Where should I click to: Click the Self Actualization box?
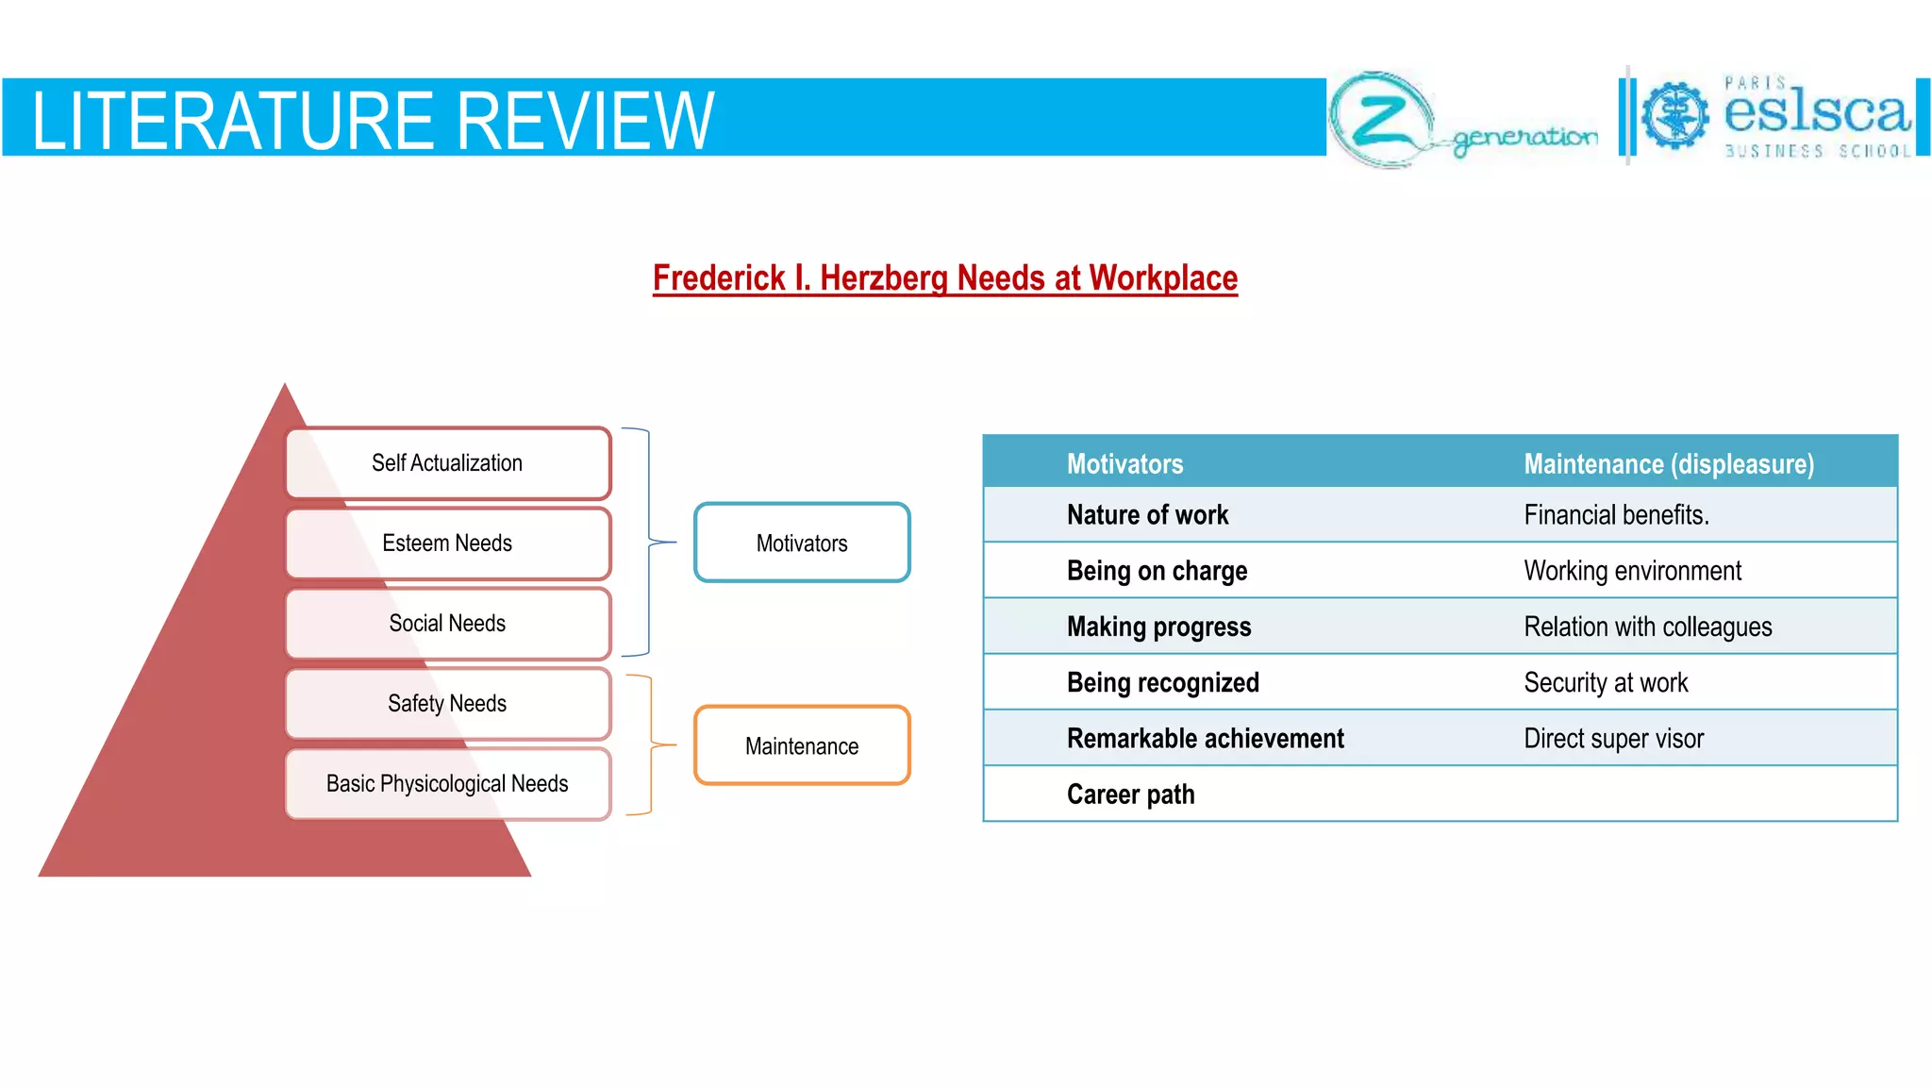pyautogui.click(x=448, y=463)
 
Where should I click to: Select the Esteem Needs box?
pyautogui.click(x=448, y=543)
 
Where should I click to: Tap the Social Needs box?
pyautogui.click(x=448, y=624)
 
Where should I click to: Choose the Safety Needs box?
pyautogui.click(x=448, y=704)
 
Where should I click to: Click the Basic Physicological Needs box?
pyautogui.click(x=448, y=784)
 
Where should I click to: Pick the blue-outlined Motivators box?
pyautogui.click(x=802, y=543)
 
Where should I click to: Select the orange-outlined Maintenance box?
pyautogui.click(x=802, y=746)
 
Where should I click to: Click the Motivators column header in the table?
pyautogui.click(x=1124, y=463)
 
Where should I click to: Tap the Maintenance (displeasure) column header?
pyautogui.click(x=1669, y=463)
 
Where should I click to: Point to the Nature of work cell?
pyautogui.click(x=1147, y=515)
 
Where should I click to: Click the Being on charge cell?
pyautogui.click(x=1157, y=571)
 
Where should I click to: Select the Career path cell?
pyautogui.click(x=1130, y=794)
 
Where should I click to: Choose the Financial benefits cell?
pyautogui.click(x=1616, y=515)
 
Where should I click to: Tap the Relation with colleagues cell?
pyautogui.click(x=1647, y=627)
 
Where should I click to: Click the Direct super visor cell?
pyautogui.click(x=1613, y=739)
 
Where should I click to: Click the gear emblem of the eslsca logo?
pyautogui.click(x=1674, y=115)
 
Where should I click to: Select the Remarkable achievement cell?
pyautogui.click(x=1205, y=739)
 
